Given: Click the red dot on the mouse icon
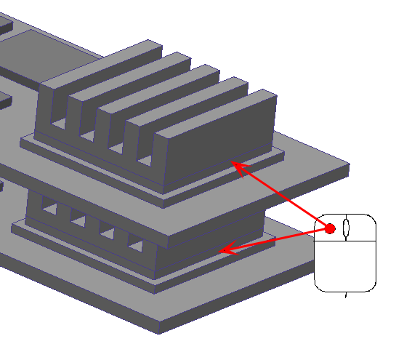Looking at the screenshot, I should click(330, 228).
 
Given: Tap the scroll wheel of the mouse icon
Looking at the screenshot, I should click(346, 228).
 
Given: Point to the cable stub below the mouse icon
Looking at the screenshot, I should click(345, 295).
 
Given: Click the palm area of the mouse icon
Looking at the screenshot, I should click(345, 265).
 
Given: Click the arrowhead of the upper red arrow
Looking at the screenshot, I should click(236, 166).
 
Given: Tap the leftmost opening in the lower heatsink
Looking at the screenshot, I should click(49, 209).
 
